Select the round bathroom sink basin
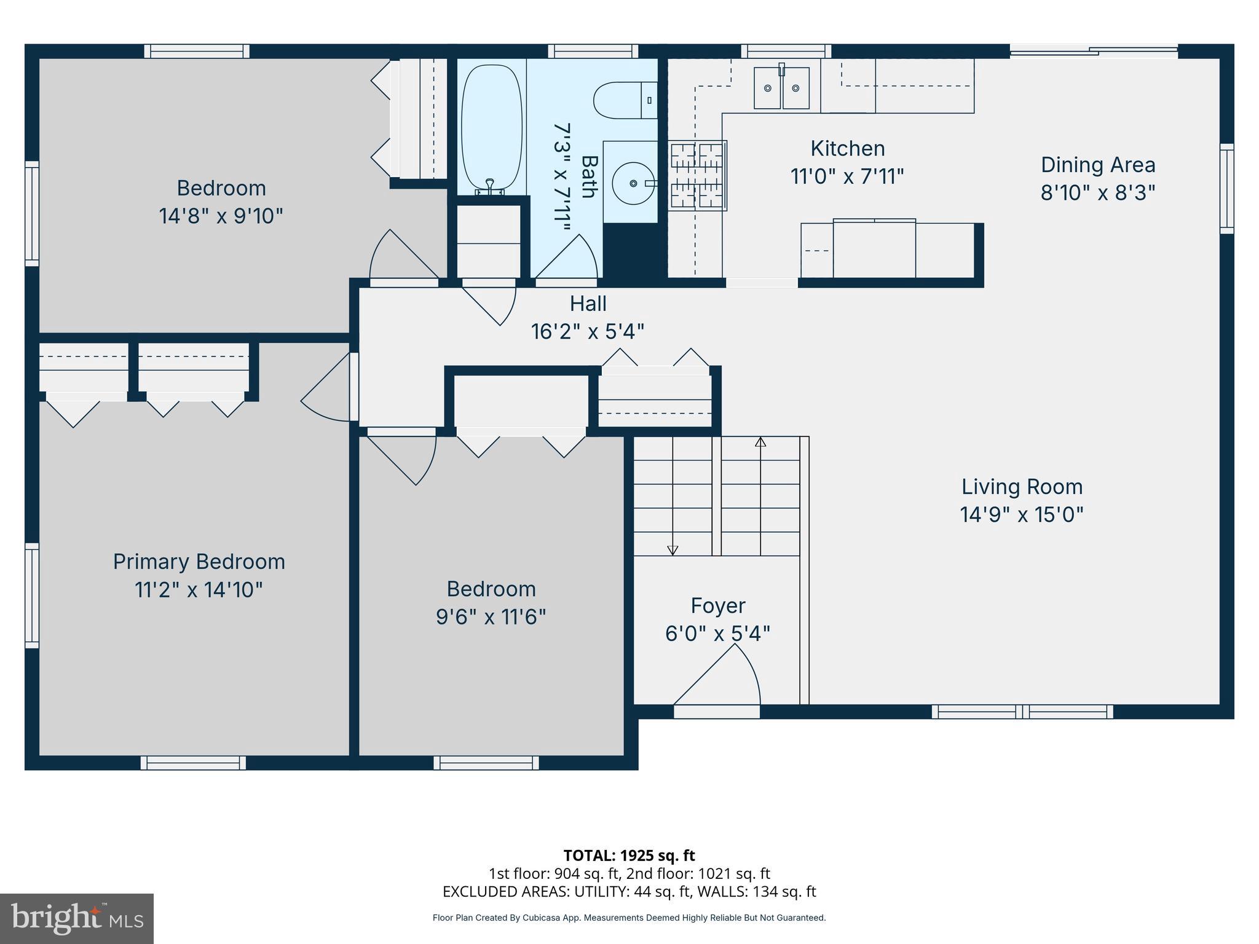click(x=633, y=183)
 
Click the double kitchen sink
click(x=781, y=88)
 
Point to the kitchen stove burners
click(x=698, y=175)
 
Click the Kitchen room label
click(x=847, y=149)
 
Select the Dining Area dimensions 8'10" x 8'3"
click(x=1097, y=193)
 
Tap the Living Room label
click(x=1022, y=487)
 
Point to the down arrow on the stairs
click(x=673, y=550)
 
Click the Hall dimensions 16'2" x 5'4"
click(x=587, y=332)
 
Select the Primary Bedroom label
click(x=199, y=562)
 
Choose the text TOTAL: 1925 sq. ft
click(x=629, y=855)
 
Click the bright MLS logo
click(x=77, y=918)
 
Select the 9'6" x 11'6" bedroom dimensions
click(x=491, y=616)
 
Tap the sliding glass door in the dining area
click(x=1094, y=52)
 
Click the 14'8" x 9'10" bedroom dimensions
click(x=221, y=216)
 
